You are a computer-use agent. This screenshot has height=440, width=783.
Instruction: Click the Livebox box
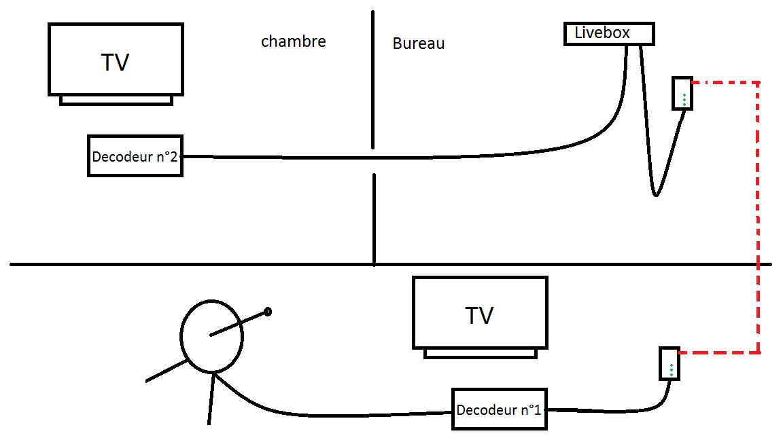pos(608,34)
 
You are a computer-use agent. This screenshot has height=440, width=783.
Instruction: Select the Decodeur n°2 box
pos(135,156)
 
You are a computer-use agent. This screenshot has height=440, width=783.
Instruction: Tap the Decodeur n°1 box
pos(500,409)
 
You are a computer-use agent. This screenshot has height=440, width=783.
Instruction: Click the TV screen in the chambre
pos(116,60)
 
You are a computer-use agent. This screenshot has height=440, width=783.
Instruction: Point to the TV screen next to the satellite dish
pos(480,312)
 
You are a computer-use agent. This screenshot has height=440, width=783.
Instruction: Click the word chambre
pos(293,41)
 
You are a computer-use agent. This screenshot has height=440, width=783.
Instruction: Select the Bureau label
pos(418,43)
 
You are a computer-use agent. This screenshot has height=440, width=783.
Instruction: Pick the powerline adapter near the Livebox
pos(682,93)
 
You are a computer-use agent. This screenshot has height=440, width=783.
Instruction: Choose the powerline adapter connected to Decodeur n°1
pos(669,363)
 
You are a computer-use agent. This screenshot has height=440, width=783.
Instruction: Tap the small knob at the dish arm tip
pos(268,312)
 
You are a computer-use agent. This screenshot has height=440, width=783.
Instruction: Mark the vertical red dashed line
pos(759,217)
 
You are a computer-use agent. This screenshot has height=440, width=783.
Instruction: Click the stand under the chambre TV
pos(116,100)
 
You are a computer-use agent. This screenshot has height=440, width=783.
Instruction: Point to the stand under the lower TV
pos(480,353)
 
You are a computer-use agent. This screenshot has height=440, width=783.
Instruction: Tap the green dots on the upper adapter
pos(684,99)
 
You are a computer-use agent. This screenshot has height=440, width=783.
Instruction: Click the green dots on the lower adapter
pos(671,369)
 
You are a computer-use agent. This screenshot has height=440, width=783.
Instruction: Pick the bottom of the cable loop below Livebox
pos(655,194)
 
